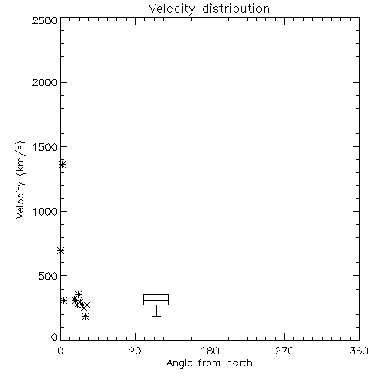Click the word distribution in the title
[236, 8]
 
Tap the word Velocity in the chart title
[172, 8]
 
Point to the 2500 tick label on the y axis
[44, 20]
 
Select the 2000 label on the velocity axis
[44, 82]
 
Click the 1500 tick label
[45, 147]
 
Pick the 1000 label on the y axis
[45, 211]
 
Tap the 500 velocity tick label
[48, 276]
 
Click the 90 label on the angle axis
[135, 351]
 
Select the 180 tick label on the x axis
[210, 351]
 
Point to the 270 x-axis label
[284, 351]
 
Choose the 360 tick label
[359, 351]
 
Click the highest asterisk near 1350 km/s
[62, 165]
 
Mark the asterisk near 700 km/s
[60, 250]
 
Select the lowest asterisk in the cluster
[86, 316]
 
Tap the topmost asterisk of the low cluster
[78, 294]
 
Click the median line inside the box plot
[156, 300]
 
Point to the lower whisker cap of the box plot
[156, 316]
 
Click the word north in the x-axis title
[240, 363]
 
